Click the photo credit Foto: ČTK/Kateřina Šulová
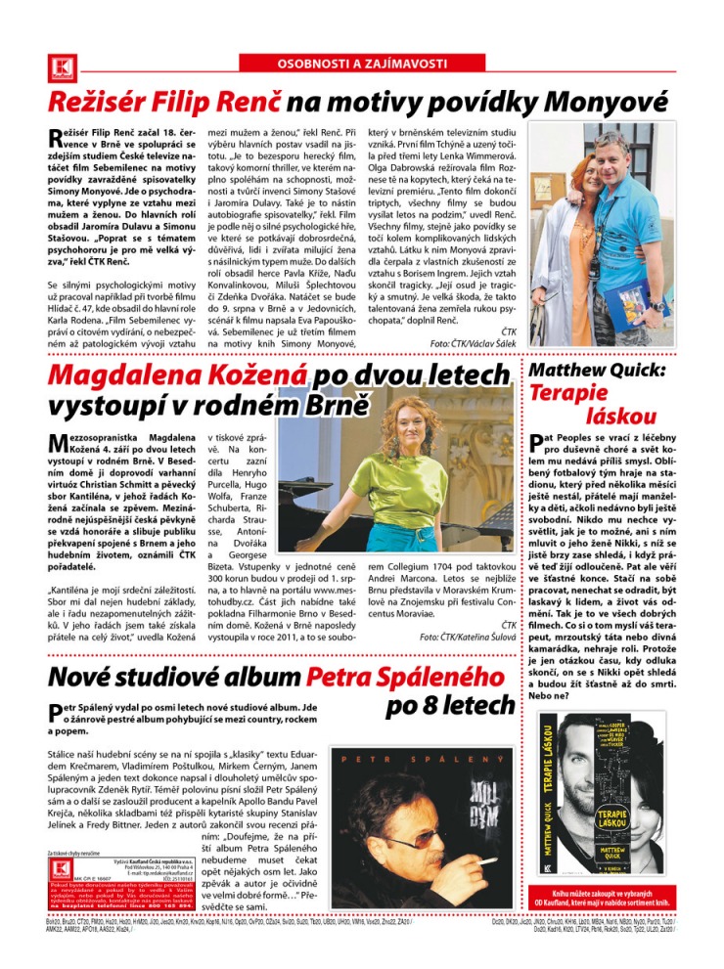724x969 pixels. [x=468, y=637]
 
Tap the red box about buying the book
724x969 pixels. [x=603, y=898]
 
